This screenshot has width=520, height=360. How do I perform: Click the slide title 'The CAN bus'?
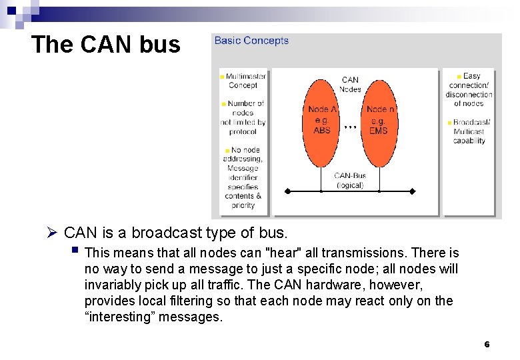pos(105,44)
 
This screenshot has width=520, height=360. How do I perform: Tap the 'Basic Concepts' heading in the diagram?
pos(251,41)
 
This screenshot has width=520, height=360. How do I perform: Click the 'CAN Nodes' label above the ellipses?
pos(350,85)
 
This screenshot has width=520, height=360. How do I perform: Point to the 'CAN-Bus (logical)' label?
pos(350,181)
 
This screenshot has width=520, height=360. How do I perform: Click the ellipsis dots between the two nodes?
pos(351,126)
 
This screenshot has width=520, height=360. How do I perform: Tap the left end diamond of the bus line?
pos(287,191)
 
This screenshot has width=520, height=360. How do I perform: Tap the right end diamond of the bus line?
pos(412,191)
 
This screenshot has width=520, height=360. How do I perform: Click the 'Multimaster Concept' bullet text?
pos(245,81)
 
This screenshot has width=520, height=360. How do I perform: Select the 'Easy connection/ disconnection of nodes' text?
pos(469,90)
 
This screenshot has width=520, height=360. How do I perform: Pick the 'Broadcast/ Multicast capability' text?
pos(471,131)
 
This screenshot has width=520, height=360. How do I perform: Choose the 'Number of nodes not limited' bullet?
pos(244,117)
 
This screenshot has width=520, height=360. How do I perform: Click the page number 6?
pos(487,345)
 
